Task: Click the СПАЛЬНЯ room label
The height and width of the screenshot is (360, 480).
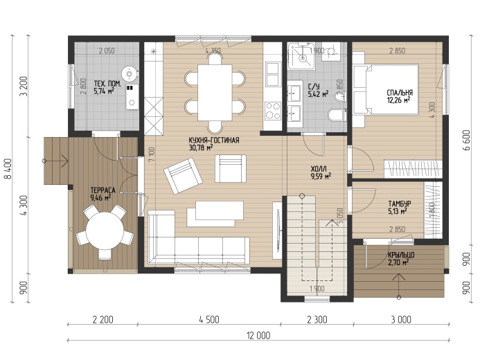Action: (x=400, y=93)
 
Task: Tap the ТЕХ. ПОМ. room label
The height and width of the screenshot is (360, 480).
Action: (x=107, y=84)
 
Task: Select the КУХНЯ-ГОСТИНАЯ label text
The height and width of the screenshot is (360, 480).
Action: (x=214, y=141)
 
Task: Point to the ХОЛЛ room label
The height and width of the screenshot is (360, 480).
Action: (x=319, y=169)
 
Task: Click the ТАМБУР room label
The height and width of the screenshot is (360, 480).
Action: (x=400, y=204)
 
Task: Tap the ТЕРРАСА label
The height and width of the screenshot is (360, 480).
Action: (x=103, y=190)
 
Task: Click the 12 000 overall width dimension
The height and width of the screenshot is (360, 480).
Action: (x=258, y=336)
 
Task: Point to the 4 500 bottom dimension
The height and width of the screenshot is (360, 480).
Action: (x=209, y=320)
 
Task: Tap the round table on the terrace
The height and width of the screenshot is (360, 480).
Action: (x=105, y=231)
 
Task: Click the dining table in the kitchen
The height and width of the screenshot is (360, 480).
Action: (x=215, y=93)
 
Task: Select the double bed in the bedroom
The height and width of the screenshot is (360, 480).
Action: (x=386, y=89)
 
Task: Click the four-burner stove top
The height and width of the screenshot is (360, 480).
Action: (x=273, y=111)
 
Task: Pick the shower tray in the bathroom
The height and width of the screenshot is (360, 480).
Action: (x=301, y=56)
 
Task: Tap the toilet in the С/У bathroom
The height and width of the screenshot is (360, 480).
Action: (x=337, y=115)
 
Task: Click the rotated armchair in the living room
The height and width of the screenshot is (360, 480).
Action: (x=183, y=176)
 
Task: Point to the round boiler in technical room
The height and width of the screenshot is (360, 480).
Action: (x=130, y=73)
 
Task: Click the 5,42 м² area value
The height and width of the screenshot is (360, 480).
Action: (x=319, y=94)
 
